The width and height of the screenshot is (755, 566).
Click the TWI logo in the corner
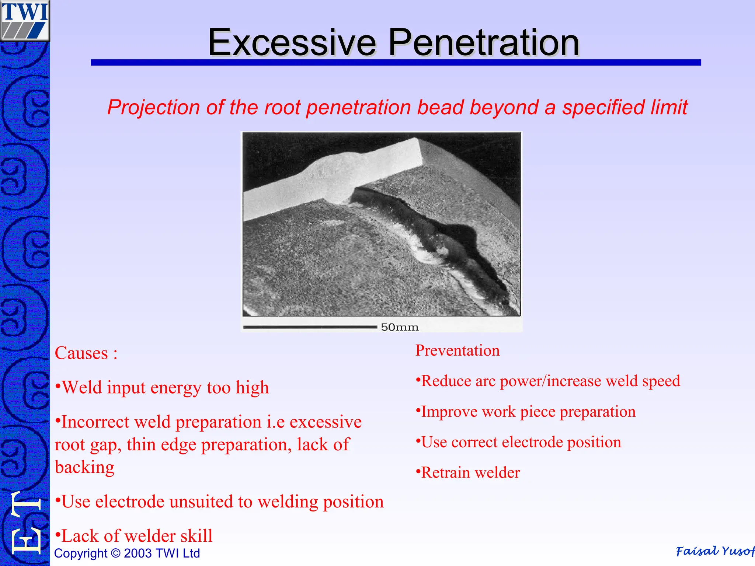[25, 20]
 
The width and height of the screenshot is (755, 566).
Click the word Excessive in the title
[292, 43]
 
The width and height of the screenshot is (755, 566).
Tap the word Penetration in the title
[483, 43]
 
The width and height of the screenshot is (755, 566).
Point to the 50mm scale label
[400, 327]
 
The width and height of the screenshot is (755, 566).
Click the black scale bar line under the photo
[310, 327]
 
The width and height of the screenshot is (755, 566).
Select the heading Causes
[86, 353]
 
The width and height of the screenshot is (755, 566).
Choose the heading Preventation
[457, 350]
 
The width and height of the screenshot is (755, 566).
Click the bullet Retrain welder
[468, 473]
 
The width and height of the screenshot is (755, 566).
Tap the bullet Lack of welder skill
[134, 536]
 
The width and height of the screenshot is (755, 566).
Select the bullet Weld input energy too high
[162, 388]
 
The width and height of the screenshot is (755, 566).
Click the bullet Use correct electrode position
[519, 442]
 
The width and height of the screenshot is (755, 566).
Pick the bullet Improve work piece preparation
[526, 412]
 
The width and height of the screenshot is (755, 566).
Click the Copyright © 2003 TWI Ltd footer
[127, 553]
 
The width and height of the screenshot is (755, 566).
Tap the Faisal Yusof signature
[714, 551]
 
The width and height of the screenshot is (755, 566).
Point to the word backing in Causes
[84, 468]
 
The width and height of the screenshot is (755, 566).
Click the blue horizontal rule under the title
[396, 63]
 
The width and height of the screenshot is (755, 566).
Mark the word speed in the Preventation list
[661, 381]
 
